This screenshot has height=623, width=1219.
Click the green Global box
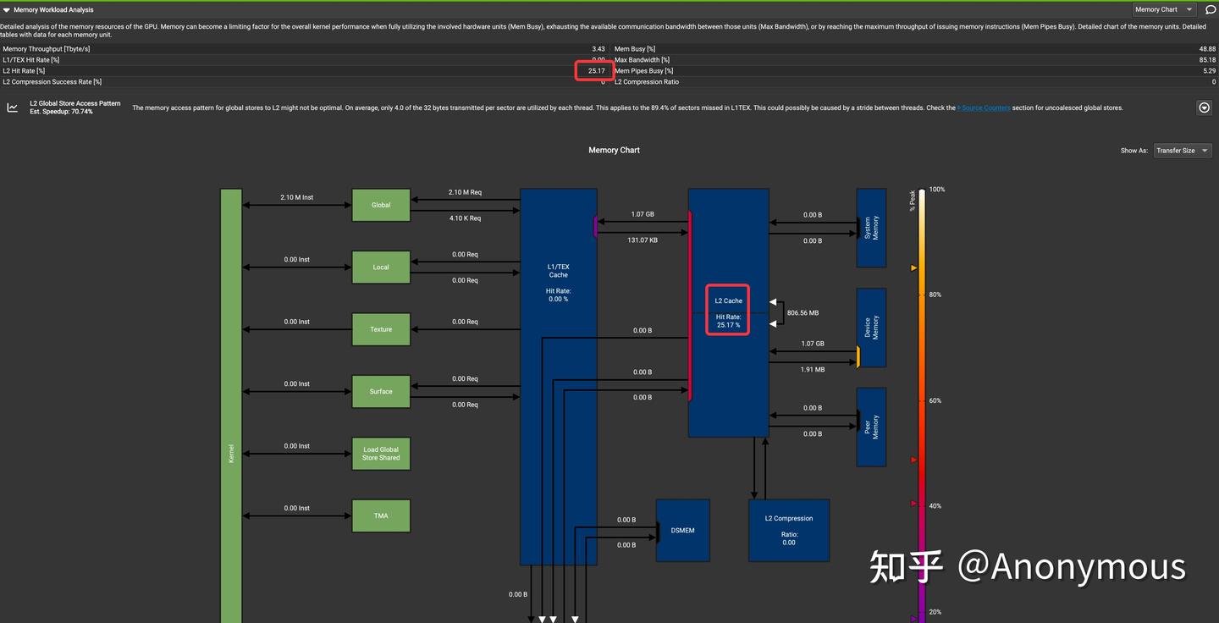(381, 205)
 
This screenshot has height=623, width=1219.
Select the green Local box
(381, 267)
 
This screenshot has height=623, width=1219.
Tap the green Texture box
(381, 329)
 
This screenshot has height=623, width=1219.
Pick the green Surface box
(381, 391)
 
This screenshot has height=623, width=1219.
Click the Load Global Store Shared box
(381, 454)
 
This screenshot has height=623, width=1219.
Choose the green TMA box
(381, 515)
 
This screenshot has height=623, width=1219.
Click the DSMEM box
(682, 530)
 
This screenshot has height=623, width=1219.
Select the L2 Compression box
(788, 530)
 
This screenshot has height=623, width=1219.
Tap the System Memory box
(871, 228)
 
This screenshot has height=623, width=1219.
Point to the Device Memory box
(871, 328)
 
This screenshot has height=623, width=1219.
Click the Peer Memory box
(871, 427)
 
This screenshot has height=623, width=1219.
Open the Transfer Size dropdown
(1182, 151)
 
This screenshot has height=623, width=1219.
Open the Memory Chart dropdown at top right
(1165, 9)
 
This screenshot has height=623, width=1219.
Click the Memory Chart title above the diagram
(614, 150)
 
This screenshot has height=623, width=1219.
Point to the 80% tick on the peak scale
(935, 295)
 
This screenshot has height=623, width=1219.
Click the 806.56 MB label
(803, 313)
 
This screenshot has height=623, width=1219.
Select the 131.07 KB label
(643, 240)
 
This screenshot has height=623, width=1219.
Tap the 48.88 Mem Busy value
(1206, 49)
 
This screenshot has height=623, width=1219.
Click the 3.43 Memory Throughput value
(598, 49)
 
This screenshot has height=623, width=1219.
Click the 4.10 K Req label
(465, 218)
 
